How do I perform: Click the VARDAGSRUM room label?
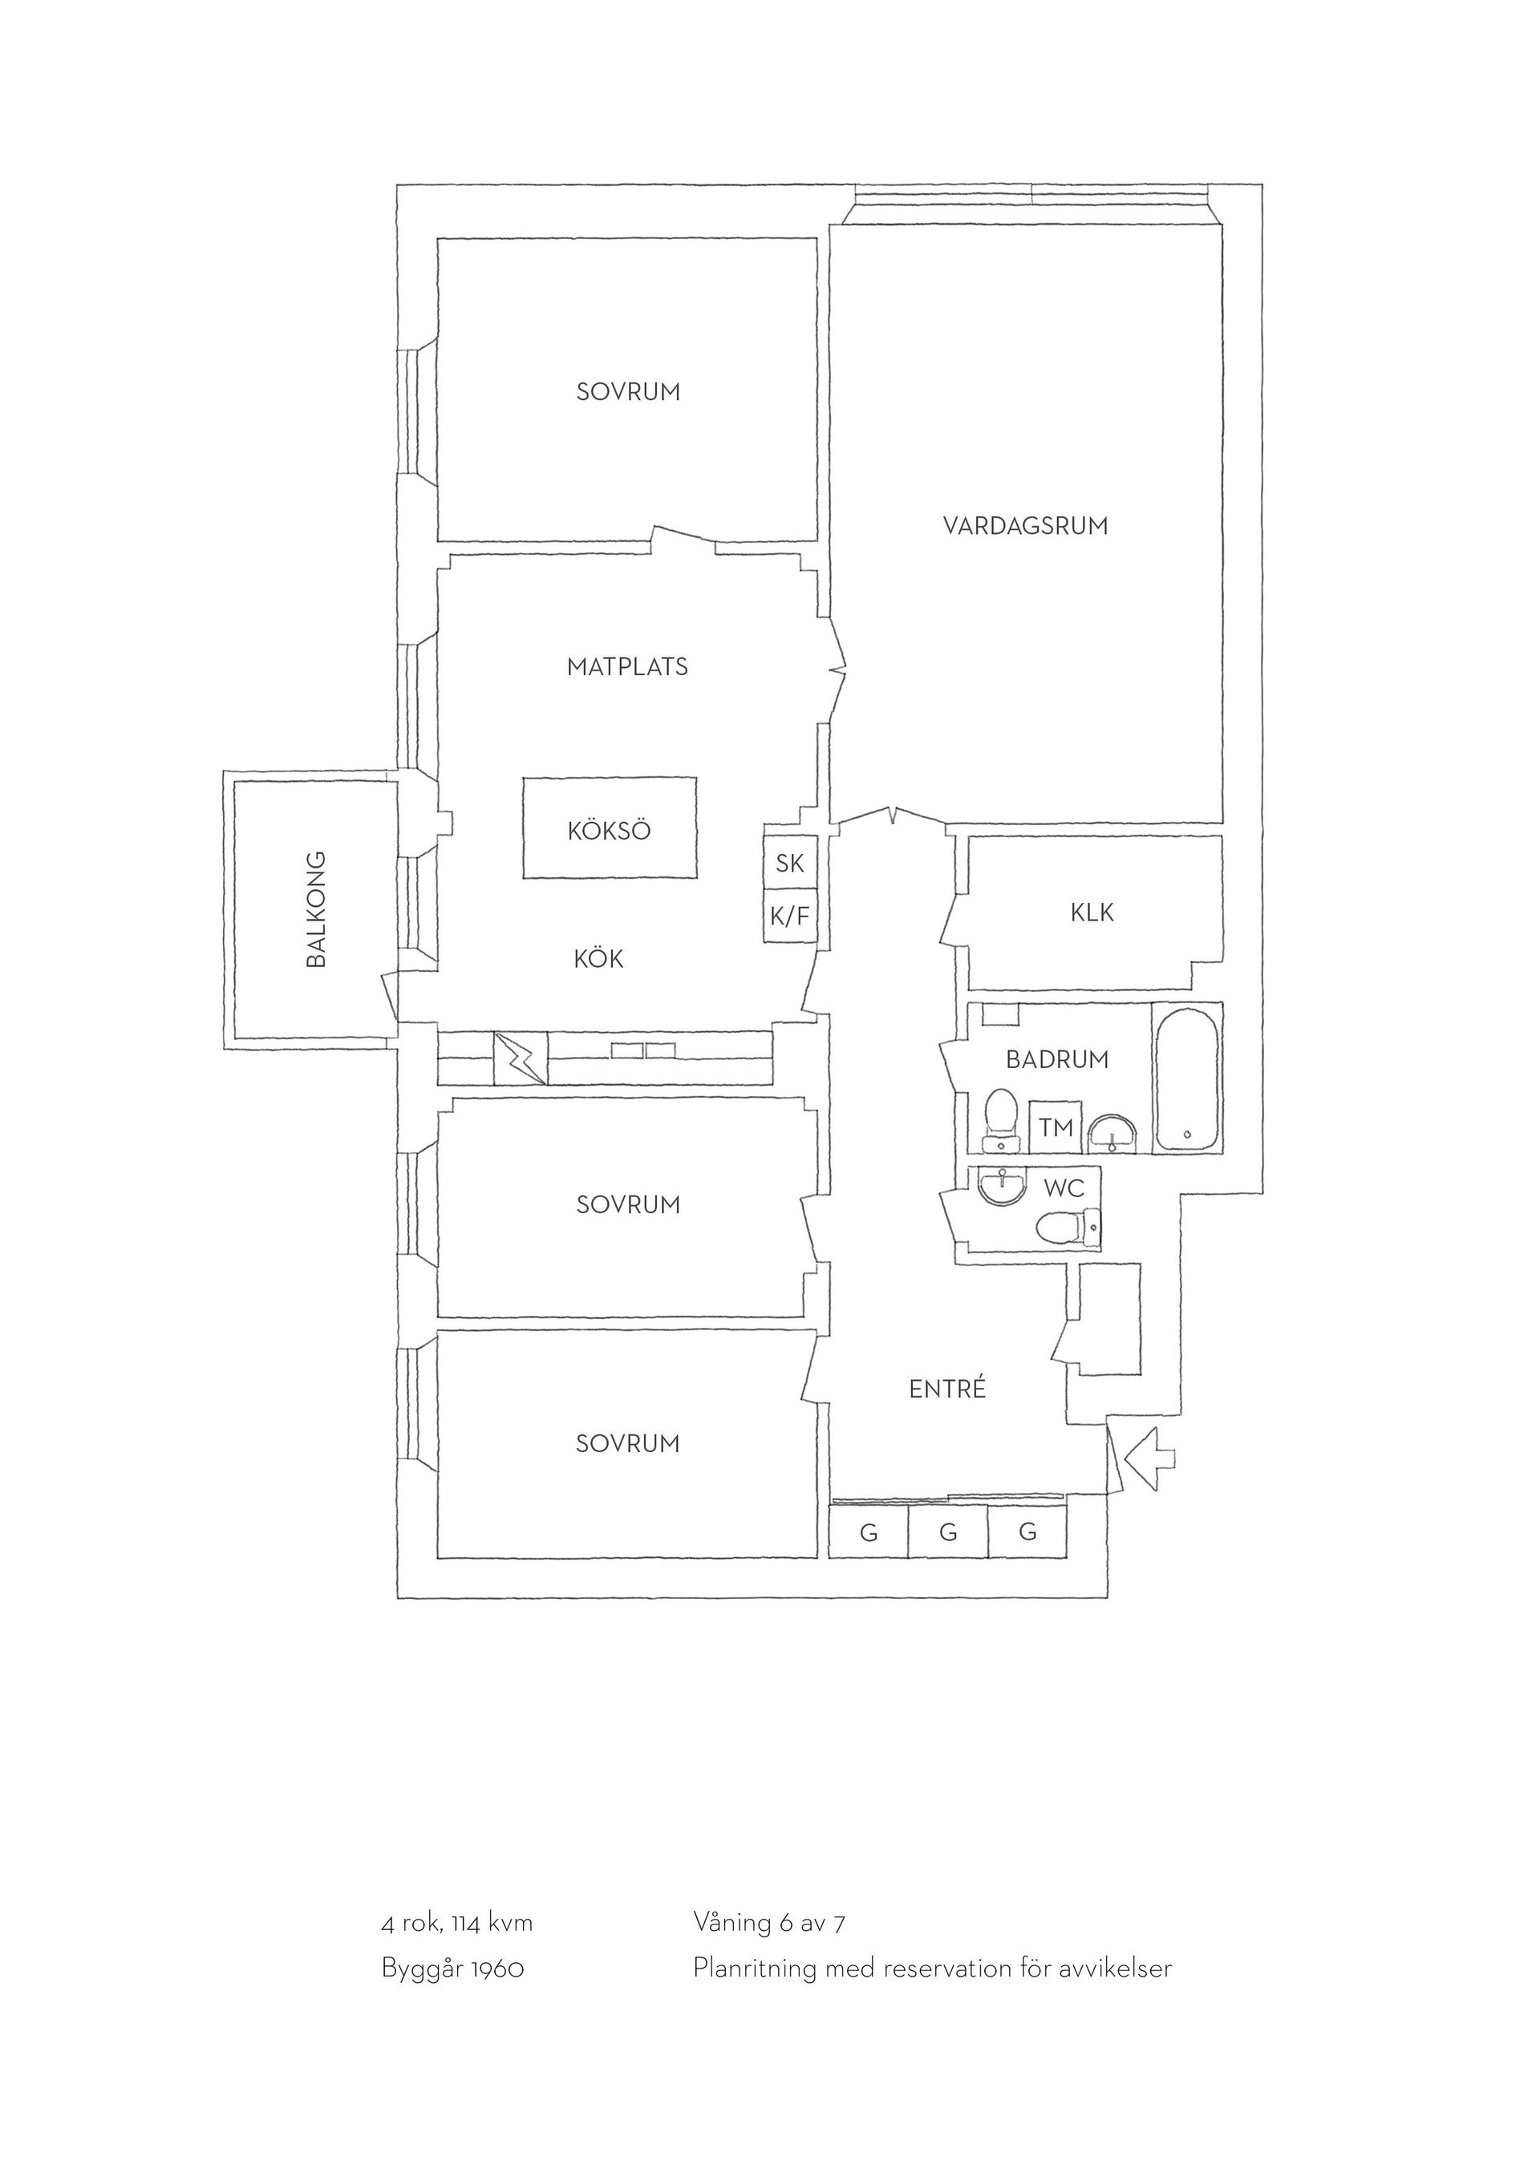click(x=1025, y=526)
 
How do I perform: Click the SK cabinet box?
click(x=790, y=863)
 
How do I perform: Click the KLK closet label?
click(x=1092, y=913)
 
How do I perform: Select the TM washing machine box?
click(x=1056, y=1127)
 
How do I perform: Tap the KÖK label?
click(x=598, y=960)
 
